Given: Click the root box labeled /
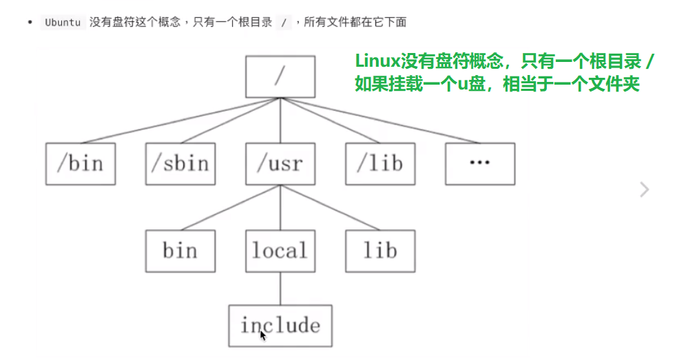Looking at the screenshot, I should click(x=280, y=76).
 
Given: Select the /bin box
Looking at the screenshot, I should click(x=80, y=164).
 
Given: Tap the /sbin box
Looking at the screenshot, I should click(x=180, y=164).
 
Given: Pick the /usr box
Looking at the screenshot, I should click(x=280, y=164).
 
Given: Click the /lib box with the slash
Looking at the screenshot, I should click(x=380, y=164).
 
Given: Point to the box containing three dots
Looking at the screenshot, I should click(x=479, y=164).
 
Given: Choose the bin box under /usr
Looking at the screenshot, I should click(x=180, y=250).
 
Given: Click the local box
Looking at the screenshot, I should click(x=280, y=250).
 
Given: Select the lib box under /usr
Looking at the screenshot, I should click(x=380, y=250).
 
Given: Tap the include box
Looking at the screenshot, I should click(x=280, y=325).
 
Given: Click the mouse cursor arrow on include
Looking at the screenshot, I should click(x=263, y=335).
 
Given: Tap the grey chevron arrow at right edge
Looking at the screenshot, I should click(x=644, y=189).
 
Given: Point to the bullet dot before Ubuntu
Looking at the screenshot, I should click(x=30, y=22).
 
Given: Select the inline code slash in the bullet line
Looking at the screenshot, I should click(x=283, y=22).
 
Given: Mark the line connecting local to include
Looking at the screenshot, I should click(x=280, y=288).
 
